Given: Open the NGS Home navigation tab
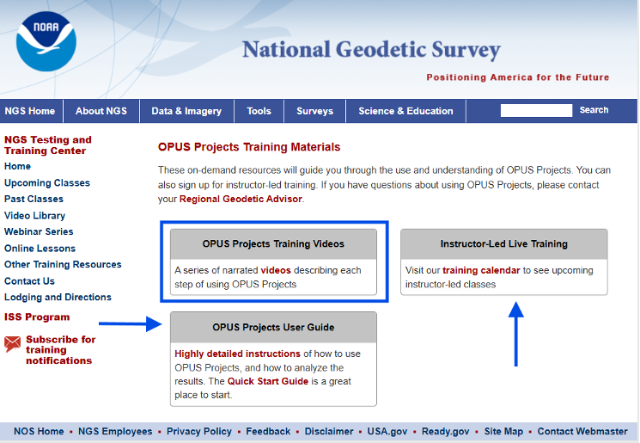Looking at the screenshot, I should (x=30, y=111).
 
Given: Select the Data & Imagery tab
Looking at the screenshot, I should (x=186, y=111).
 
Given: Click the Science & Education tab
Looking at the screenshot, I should (x=405, y=111).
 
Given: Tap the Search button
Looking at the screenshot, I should (x=594, y=110).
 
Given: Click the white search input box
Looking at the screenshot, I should (x=536, y=110).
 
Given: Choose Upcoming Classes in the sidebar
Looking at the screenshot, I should (x=47, y=183).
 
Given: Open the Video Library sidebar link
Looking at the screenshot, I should (x=34, y=216).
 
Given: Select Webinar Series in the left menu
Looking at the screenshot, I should (x=39, y=232).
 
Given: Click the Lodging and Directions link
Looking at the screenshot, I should (x=58, y=298).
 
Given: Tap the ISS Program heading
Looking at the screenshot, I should (x=37, y=317).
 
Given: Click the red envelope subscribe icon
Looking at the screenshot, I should (x=13, y=344).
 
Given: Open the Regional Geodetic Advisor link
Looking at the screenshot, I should (x=241, y=199).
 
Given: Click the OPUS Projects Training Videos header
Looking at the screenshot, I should (x=273, y=244).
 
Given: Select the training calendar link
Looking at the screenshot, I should (x=481, y=270).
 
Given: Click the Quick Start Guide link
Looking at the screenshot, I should (x=267, y=381).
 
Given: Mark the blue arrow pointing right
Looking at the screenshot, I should (x=130, y=324).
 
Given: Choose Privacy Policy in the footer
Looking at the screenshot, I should (x=199, y=432).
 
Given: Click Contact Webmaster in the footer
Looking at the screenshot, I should (x=582, y=432).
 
